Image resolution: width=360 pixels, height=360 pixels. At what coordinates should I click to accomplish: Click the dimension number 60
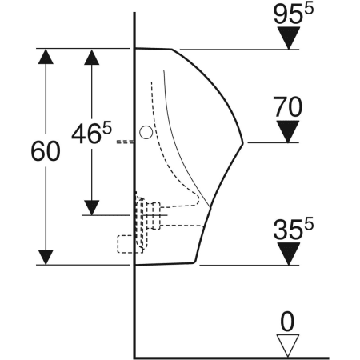[x=46, y=152]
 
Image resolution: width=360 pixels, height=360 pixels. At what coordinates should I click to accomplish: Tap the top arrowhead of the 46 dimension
[x=93, y=57]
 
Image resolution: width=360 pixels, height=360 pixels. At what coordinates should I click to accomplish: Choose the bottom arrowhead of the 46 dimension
[x=93, y=206]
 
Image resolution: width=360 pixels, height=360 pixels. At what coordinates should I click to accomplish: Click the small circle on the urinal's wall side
[x=145, y=134]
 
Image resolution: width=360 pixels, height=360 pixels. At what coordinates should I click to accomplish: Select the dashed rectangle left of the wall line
[x=126, y=243]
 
